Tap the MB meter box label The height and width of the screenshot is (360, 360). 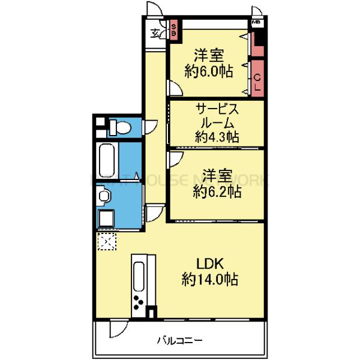pos(256,23)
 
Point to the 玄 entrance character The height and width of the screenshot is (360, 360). pos(155,32)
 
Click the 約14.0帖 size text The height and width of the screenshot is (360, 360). pos(210,280)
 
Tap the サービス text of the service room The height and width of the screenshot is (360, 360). pos(217,110)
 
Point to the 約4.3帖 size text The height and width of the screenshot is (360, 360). pos(217,137)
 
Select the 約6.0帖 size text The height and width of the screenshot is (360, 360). pos(208,71)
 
